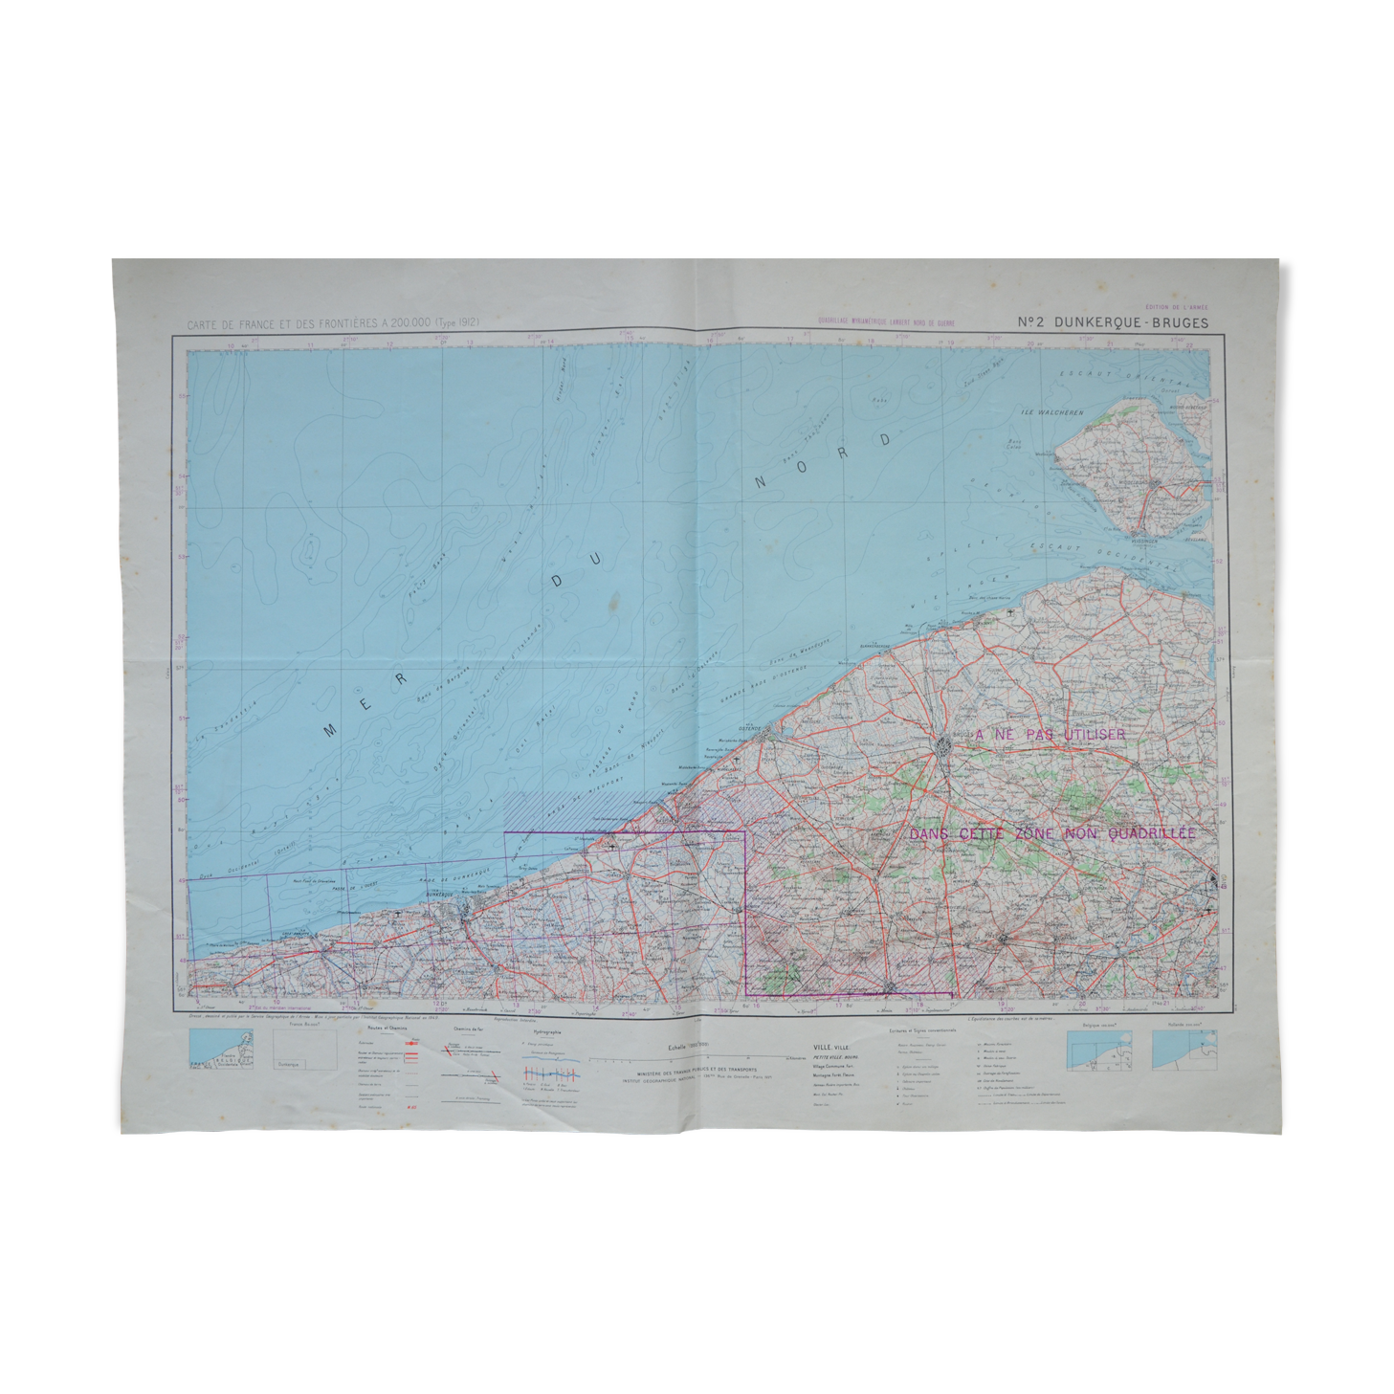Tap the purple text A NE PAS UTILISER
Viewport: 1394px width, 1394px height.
pyautogui.click(x=1050, y=735)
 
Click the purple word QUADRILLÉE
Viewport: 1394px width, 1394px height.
pyautogui.click(x=1152, y=833)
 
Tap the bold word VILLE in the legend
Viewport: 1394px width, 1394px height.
pyautogui.click(x=822, y=1048)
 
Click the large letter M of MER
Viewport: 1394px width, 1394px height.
pyautogui.click(x=331, y=729)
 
